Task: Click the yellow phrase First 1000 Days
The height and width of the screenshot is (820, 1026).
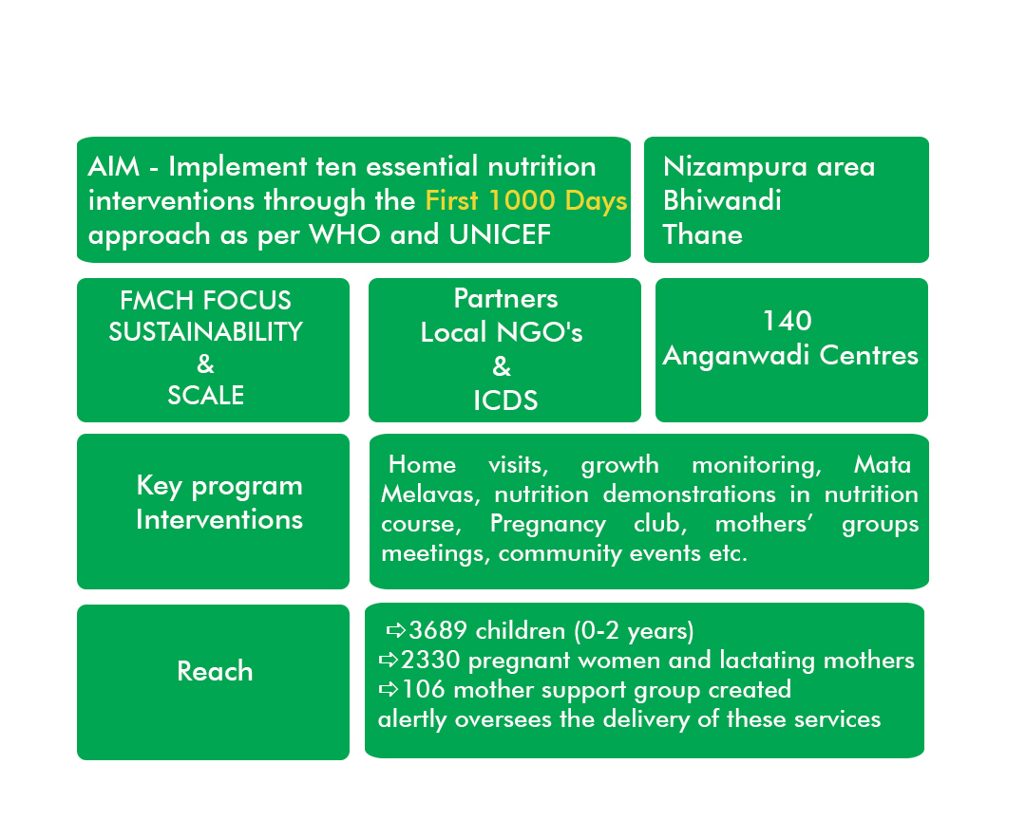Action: (x=526, y=201)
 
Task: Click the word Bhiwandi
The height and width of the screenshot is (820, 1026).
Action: (x=722, y=201)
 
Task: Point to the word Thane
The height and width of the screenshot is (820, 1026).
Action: (x=703, y=234)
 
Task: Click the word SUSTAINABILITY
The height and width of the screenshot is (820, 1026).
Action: (x=205, y=332)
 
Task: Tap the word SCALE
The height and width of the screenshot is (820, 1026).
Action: (x=205, y=395)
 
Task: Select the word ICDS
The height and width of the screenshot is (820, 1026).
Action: (x=505, y=401)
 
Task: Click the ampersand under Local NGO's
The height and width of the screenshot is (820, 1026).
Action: (x=502, y=366)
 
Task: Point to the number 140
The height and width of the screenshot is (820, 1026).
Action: (x=788, y=321)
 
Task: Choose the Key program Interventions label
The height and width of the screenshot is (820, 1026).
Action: (x=219, y=503)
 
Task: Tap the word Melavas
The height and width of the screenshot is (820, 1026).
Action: (x=430, y=494)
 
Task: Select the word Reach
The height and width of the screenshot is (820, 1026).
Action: (x=215, y=672)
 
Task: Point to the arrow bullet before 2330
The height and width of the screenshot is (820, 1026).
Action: (x=389, y=660)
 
